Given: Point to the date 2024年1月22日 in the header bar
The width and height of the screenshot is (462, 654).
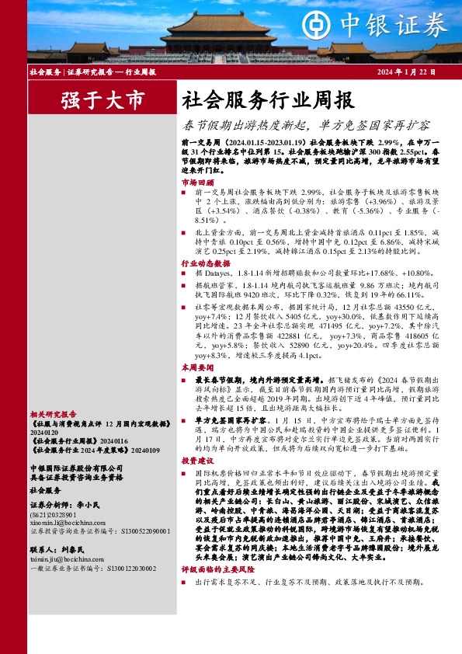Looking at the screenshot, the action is (x=405, y=71).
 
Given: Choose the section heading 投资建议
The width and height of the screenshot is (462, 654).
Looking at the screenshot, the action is (x=196, y=461).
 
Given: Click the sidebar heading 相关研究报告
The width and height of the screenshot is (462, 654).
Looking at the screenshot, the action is (x=53, y=414).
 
